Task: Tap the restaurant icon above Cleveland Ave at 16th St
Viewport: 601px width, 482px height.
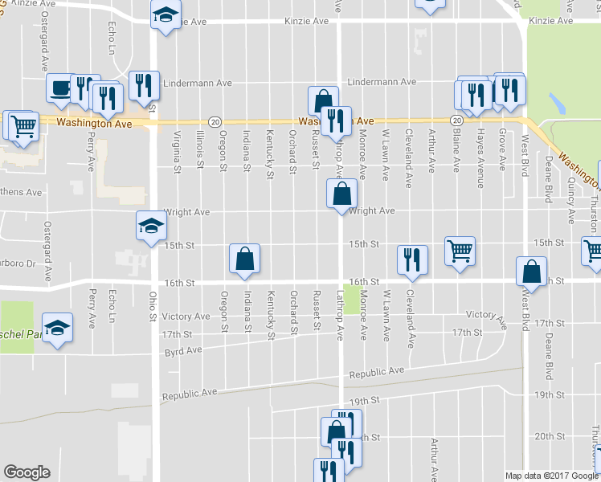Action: pyautogui.click(x=411, y=259)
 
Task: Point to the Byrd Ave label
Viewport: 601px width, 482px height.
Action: pyautogui.click(x=182, y=351)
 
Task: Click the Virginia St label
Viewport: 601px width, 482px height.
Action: pyautogui.click(x=176, y=150)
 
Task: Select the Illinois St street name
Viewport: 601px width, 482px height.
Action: pyautogui.click(x=200, y=150)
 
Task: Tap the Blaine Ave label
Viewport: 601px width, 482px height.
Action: pyautogui.click(x=456, y=151)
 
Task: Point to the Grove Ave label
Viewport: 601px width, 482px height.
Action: pyautogui.click(x=502, y=150)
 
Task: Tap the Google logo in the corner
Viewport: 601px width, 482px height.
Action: pyautogui.click(x=27, y=472)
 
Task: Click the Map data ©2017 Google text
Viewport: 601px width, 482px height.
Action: pyautogui.click(x=551, y=476)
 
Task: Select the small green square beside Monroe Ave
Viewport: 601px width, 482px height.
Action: pyautogui.click(x=352, y=295)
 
